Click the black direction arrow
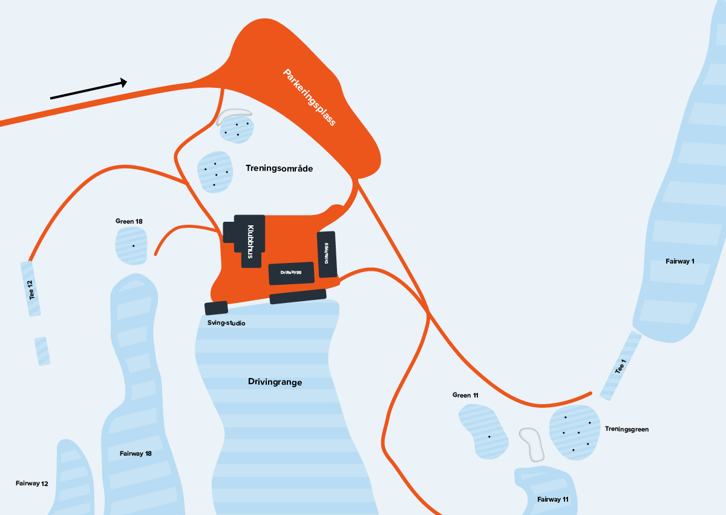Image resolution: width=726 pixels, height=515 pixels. (88, 89)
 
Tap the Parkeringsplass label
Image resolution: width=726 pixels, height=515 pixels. (309, 97)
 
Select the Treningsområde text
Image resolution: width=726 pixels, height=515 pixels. (279, 168)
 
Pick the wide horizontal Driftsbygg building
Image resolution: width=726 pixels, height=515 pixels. (292, 273)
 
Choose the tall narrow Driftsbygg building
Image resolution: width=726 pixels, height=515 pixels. (327, 254)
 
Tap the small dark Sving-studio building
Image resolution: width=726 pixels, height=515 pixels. (216, 308)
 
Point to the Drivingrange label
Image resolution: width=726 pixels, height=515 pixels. (275, 382)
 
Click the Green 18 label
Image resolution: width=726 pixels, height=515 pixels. (129, 221)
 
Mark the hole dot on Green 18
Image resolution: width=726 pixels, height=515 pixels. (133, 245)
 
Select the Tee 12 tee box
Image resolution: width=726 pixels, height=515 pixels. (31, 289)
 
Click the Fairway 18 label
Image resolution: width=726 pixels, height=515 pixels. (136, 453)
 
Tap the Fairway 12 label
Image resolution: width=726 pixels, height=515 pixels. (32, 483)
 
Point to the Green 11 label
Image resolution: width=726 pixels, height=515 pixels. (465, 395)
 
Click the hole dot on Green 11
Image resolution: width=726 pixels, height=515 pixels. (489, 436)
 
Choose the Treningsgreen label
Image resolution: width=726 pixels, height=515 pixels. (627, 429)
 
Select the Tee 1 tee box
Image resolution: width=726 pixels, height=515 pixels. (621, 365)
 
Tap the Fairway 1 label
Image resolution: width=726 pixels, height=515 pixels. (680, 261)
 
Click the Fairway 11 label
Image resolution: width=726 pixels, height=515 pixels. (553, 499)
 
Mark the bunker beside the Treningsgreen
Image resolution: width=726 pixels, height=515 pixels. (531, 444)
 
